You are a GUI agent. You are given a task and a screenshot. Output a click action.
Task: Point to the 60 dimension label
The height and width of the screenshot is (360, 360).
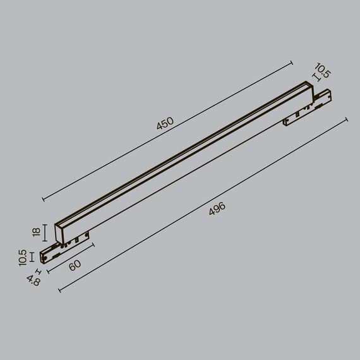[x=75, y=265]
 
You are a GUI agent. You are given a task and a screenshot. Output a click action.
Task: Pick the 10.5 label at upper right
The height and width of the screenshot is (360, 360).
[x=322, y=71]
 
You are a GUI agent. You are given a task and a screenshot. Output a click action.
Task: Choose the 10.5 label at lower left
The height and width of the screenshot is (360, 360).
[x=23, y=257]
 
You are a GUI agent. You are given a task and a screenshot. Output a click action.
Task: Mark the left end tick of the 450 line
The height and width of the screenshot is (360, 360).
[x=43, y=199]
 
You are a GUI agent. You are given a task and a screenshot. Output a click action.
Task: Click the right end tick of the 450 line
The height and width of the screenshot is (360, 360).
[x=292, y=62]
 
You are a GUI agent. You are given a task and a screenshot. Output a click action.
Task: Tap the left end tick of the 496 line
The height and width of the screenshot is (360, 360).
[x=59, y=290]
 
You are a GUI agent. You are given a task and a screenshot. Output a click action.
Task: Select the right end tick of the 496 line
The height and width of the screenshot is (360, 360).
[x=347, y=119]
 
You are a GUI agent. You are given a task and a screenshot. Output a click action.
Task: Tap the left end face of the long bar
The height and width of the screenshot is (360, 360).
[x=61, y=231]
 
